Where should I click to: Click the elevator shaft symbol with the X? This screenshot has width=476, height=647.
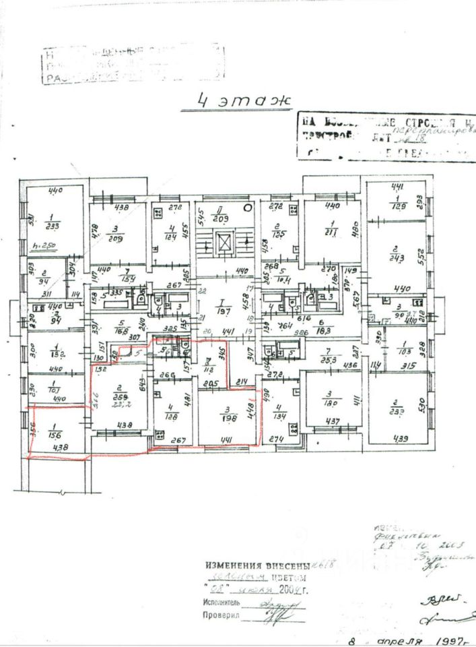(x=227, y=242)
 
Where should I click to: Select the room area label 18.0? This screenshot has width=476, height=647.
(x=330, y=404)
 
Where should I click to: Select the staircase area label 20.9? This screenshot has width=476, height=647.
(x=221, y=220)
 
